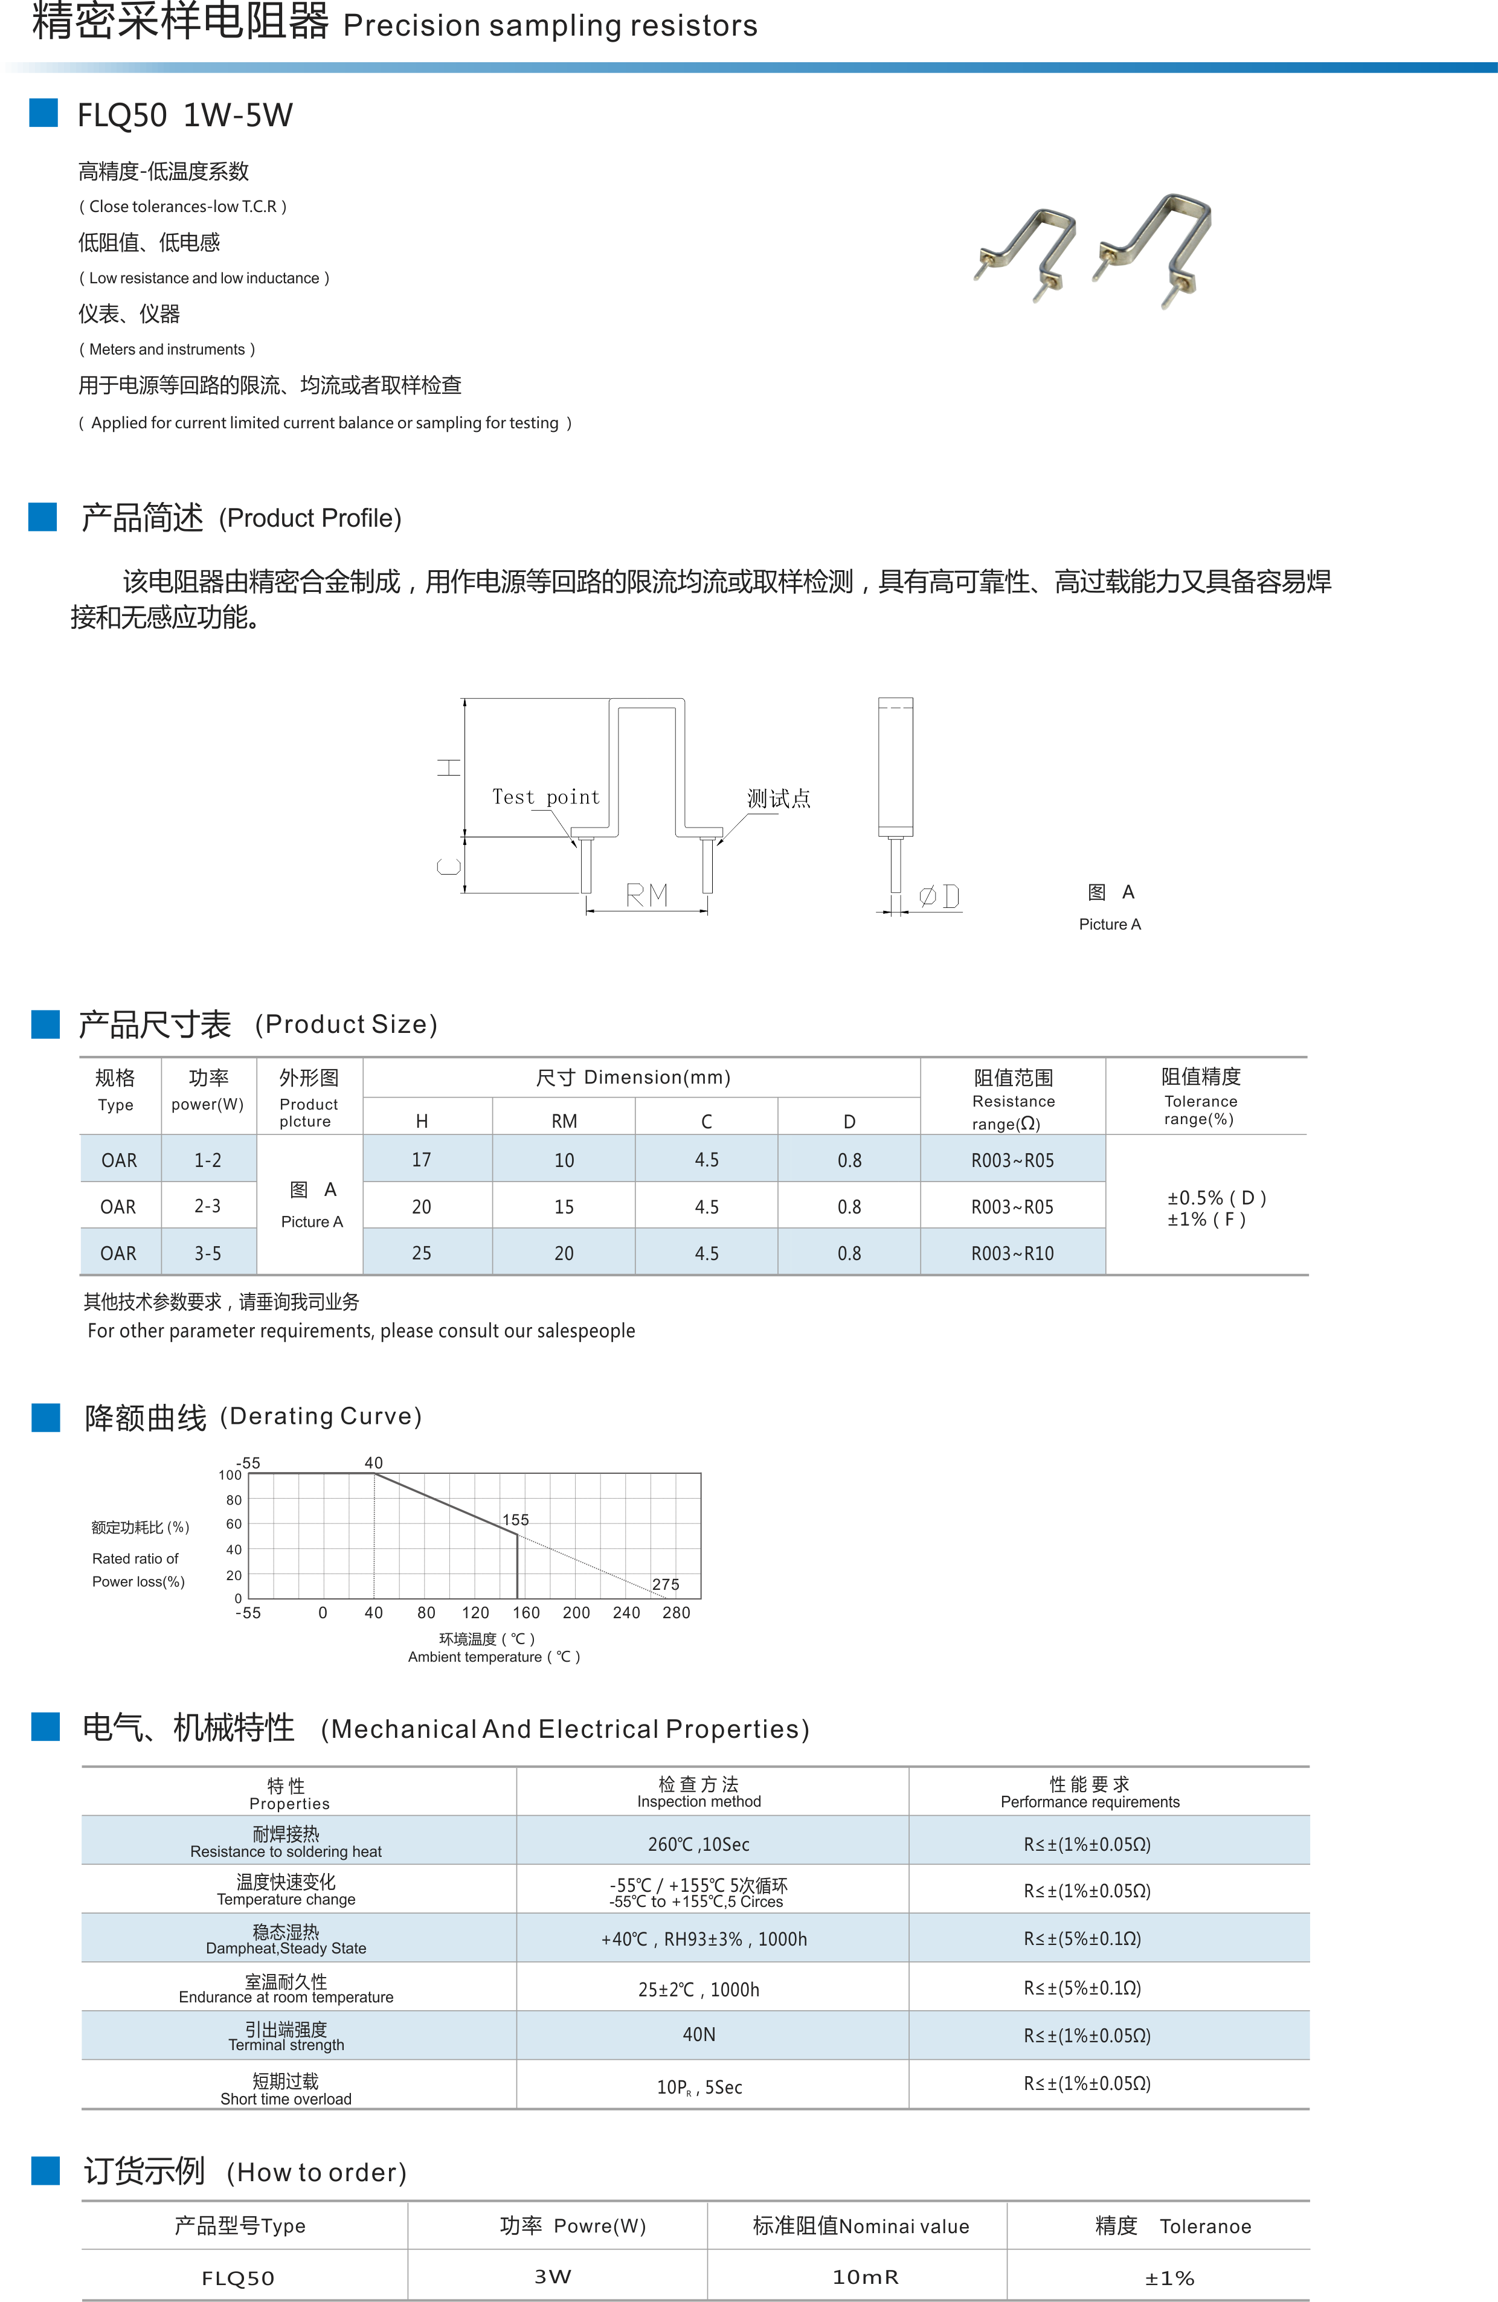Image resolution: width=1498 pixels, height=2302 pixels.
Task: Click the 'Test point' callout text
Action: tap(545, 797)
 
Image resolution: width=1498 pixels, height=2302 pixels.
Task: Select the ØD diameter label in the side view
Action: tap(938, 896)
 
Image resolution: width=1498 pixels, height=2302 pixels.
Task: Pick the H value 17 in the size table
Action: tap(422, 1160)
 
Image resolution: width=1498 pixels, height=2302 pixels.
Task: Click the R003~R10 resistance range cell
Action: tap(1012, 1253)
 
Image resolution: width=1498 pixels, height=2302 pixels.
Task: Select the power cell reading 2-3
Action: tap(207, 1206)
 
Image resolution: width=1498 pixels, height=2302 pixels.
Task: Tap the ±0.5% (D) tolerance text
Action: tap(1215, 1197)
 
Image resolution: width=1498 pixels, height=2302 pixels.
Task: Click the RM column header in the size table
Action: tap(564, 1121)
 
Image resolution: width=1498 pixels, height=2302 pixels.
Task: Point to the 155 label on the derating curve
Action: tap(515, 1520)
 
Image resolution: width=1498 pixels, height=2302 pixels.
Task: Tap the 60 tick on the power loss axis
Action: tap(234, 1523)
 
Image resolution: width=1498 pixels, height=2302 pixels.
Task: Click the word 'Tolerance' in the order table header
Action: tap(1205, 2226)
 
